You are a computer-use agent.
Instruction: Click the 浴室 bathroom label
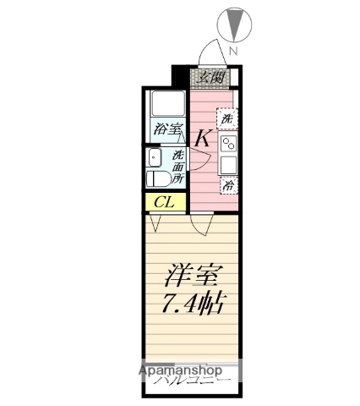click(x=167, y=130)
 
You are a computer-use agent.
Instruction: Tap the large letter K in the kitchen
click(x=203, y=137)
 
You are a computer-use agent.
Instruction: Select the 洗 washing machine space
click(x=227, y=119)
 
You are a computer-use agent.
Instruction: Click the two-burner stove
click(x=229, y=143)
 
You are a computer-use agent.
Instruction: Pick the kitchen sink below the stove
click(x=229, y=164)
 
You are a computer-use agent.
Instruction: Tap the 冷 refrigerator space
click(x=227, y=184)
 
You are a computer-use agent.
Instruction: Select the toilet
click(x=156, y=178)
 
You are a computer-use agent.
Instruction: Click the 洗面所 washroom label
click(x=178, y=167)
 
